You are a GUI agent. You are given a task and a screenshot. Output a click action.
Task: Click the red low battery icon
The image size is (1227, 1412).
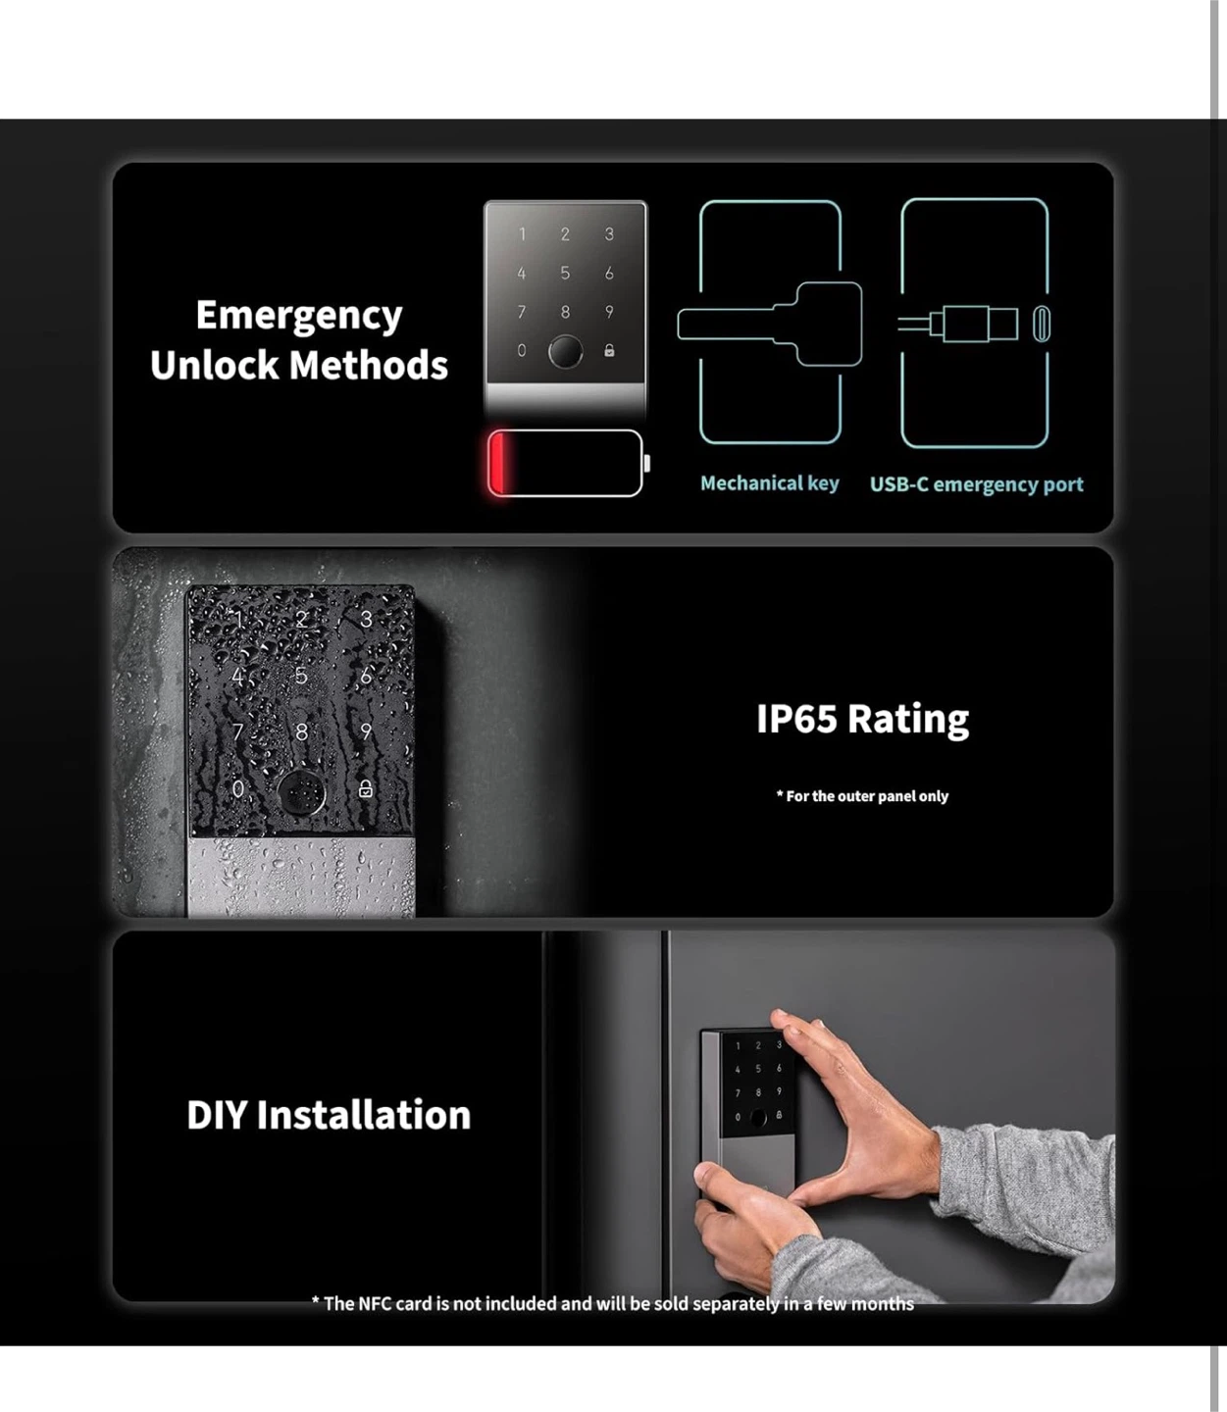[x=567, y=463]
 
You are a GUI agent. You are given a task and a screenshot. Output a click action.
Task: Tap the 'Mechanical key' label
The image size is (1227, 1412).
[x=770, y=483]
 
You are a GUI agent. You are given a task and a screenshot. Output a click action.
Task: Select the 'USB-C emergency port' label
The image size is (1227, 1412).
[x=976, y=484]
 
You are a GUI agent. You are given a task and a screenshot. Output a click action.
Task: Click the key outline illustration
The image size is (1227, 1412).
[x=770, y=324]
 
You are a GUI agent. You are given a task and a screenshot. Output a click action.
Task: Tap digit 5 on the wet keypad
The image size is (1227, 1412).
[x=301, y=676]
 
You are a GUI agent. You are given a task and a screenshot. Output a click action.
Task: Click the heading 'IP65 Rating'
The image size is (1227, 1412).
[x=862, y=719]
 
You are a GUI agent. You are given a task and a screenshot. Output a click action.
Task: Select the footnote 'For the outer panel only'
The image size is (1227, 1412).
[x=862, y=795]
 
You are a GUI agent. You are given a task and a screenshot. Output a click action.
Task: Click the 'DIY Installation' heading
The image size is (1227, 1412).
[x=329, y=1114]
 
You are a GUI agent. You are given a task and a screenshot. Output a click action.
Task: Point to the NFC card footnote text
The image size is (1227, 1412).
[x=613, y=1303]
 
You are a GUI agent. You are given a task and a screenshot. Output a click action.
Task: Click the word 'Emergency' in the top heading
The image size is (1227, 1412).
[x=299, y=316]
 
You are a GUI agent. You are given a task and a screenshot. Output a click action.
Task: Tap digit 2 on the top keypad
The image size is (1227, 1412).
[x=565, y=234]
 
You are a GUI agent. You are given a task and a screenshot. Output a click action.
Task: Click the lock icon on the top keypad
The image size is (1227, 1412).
[x=609, y=351]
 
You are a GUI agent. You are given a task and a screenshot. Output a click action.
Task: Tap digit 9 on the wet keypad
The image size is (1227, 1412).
[x=366, y=731]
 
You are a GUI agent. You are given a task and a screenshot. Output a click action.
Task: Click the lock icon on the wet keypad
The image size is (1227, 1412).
[x=366, y=788]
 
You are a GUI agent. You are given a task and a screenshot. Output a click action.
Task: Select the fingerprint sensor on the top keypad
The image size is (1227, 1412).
[x=565, y=351]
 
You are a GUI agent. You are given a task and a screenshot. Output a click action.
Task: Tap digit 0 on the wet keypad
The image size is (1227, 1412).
[x=238, y=788]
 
